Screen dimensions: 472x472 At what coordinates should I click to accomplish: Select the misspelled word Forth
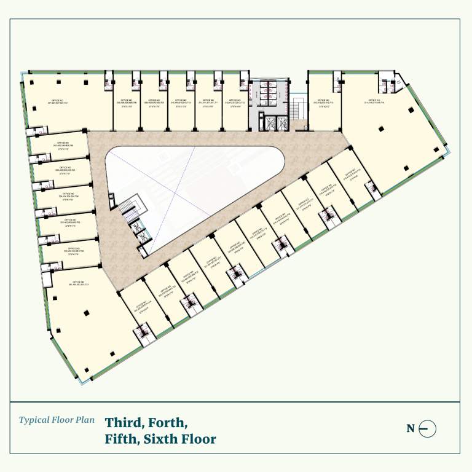tap(167, 423)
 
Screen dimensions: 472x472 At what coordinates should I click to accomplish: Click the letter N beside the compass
tap(411, 428)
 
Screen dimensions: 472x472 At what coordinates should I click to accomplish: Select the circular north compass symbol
tap(428, 428)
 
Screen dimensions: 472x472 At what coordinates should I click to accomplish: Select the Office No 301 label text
tap(74, 284)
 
